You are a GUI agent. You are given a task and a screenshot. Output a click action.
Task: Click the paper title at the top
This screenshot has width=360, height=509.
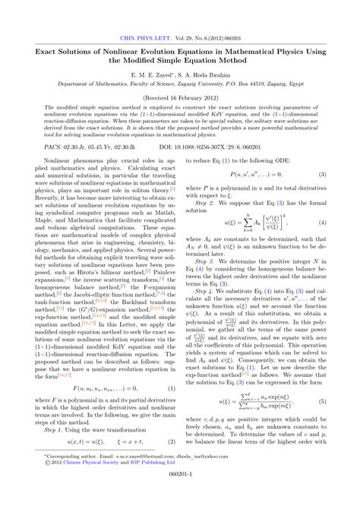[x=180, y=58]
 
